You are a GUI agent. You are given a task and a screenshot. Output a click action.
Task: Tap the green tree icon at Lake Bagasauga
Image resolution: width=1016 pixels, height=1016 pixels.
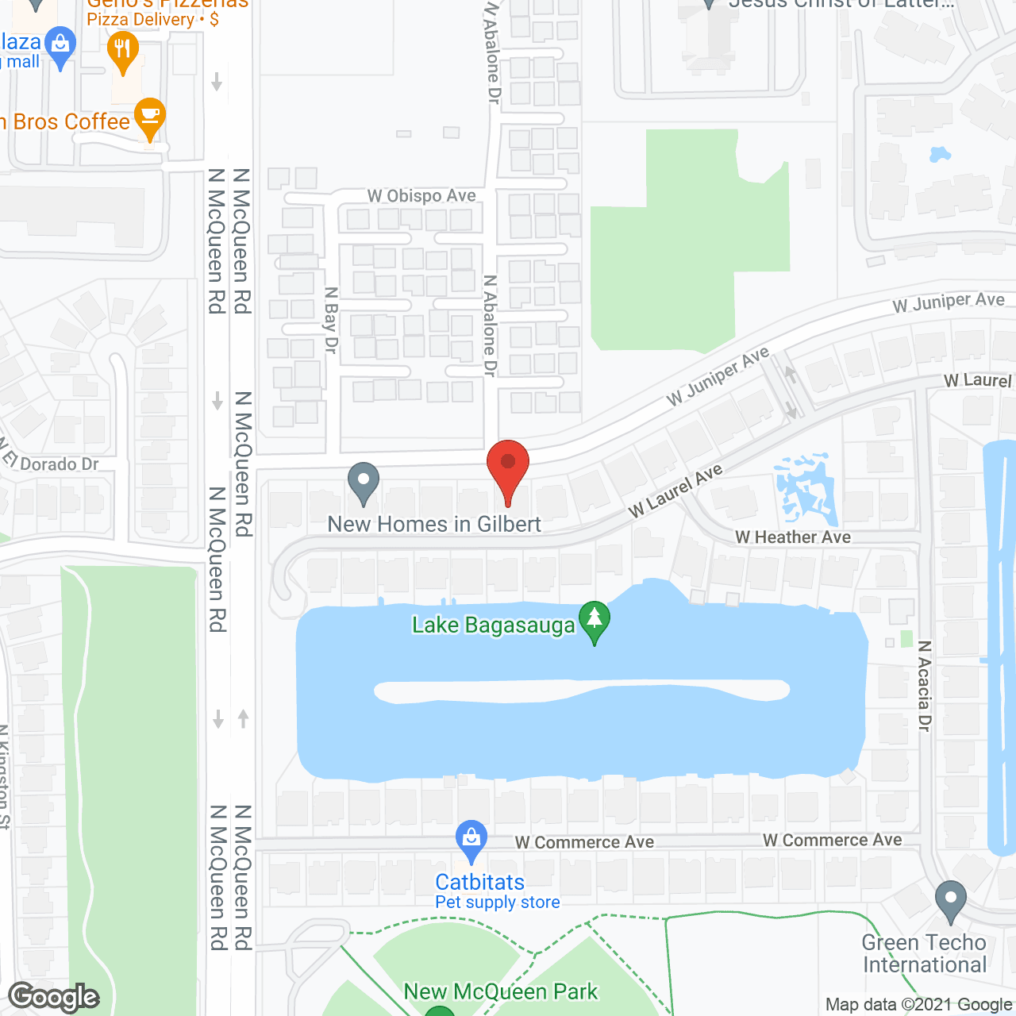coord(594,621)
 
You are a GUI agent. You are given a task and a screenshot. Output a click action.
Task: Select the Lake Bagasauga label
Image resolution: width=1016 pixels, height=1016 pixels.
coord(493,625)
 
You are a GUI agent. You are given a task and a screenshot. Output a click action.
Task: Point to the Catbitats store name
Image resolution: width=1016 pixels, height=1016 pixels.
coord(479,883)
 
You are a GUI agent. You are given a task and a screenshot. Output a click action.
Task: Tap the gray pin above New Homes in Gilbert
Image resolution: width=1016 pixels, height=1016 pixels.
coord(364,482)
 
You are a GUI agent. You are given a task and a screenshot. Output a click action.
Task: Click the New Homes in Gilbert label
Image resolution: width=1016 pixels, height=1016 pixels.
coord(434,525)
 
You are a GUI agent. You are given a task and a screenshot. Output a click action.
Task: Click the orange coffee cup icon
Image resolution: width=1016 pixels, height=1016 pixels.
coord(149,117)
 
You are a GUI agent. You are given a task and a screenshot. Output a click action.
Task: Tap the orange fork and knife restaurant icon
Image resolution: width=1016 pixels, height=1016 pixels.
coord(122,51)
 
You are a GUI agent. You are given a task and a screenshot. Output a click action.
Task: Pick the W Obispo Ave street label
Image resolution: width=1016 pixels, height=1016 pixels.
coord(421,196)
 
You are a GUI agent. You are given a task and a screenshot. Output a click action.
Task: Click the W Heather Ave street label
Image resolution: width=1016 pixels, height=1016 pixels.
coord(793,537)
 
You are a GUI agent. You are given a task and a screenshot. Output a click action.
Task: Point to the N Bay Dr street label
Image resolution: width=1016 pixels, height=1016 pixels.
coord(331,320)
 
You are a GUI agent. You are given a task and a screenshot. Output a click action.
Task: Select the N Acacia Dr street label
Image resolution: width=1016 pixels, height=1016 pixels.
coord(924,686)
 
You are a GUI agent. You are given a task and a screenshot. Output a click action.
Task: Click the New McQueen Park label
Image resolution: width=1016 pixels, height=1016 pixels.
coord(501,992)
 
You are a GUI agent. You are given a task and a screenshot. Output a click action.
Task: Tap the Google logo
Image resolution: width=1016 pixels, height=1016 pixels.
coord(54,997)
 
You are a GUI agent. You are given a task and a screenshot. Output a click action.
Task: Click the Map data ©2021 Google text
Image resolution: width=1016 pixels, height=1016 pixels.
coord(919,1005)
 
